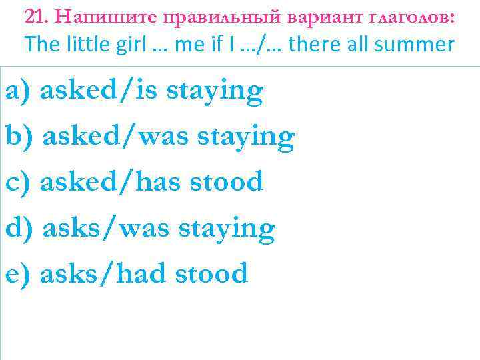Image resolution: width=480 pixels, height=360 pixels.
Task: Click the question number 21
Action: (35, 16)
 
